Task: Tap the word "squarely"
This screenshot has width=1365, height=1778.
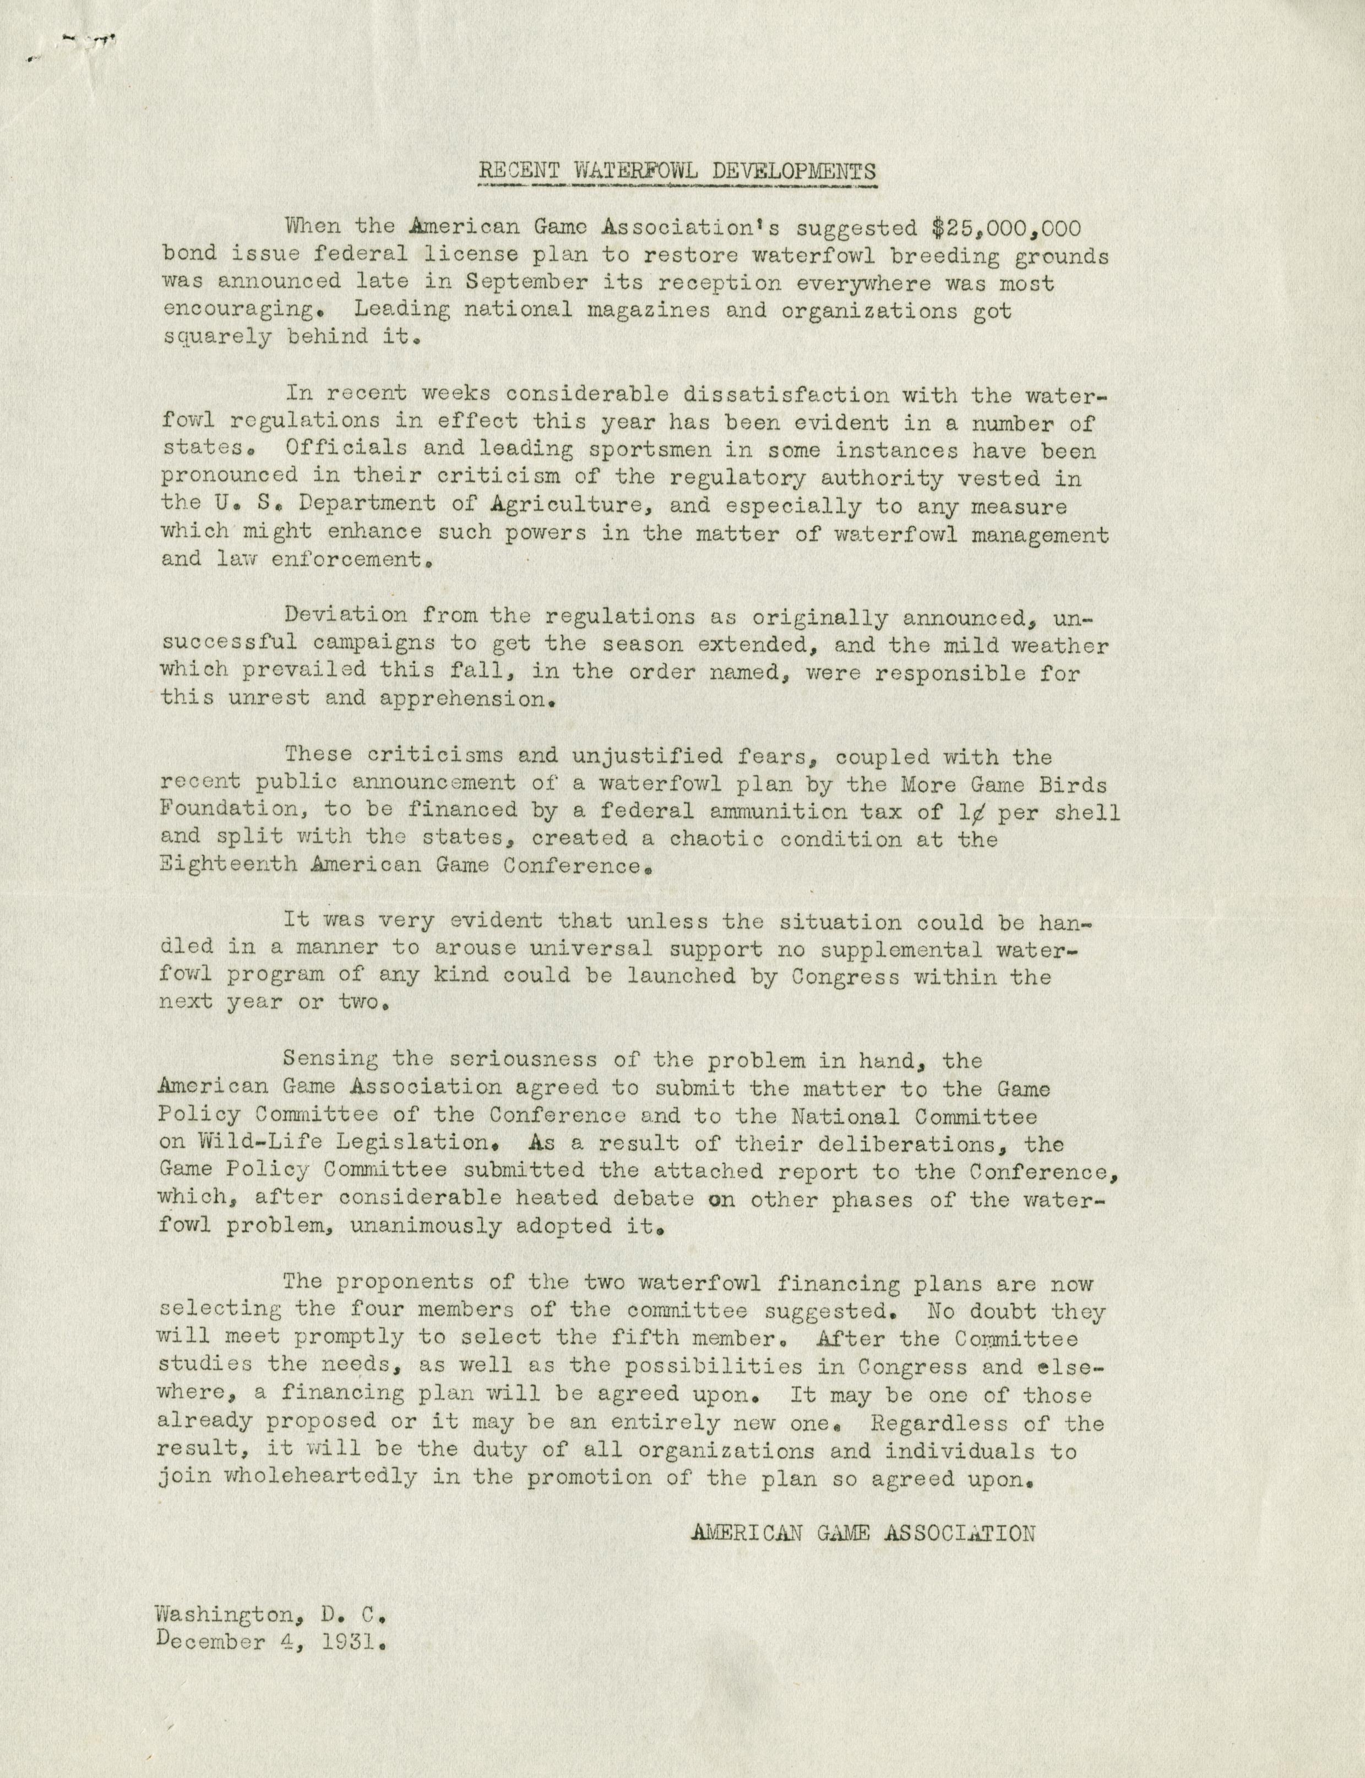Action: (216, 338)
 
